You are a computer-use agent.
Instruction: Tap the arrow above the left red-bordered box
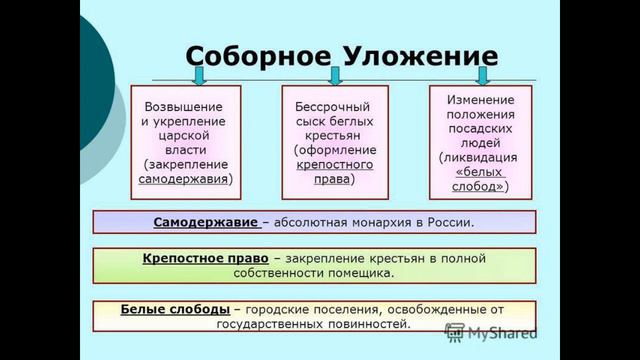(x=199, y=75)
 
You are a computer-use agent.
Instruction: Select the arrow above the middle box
(x=335, y=75)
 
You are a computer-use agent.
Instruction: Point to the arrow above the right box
(x=483, y=75)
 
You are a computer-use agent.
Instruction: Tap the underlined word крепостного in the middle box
(x=335, y=164)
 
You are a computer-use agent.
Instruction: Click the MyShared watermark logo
(x=494, y=332)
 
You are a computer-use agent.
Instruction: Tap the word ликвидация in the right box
(x=480, y=158)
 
